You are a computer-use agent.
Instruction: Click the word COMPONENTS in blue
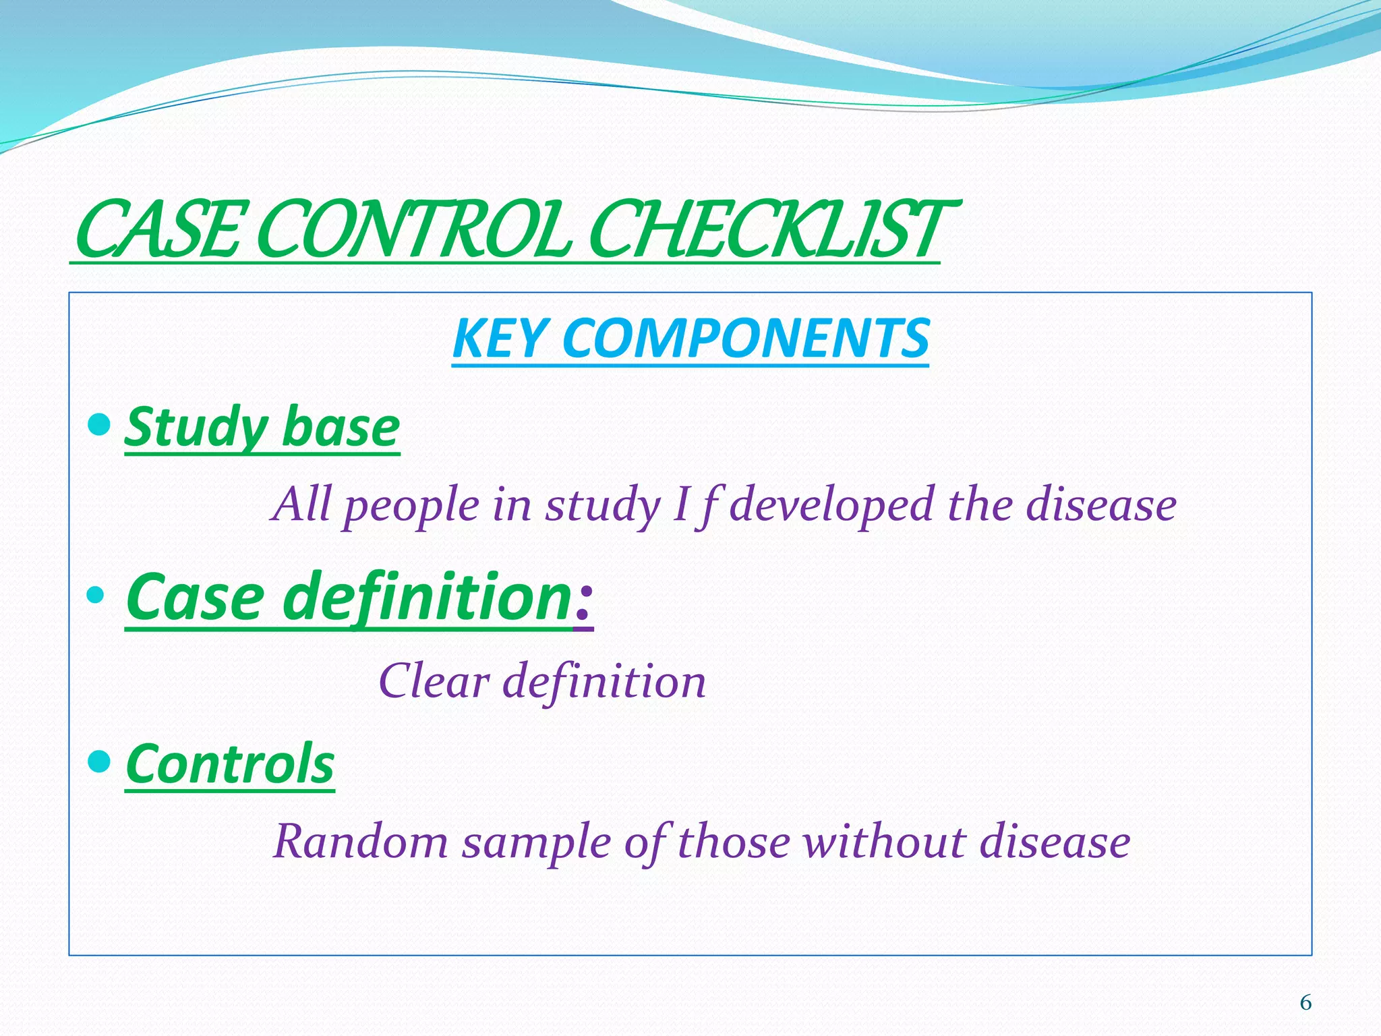(745, 339)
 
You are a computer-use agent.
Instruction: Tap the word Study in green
(196, 429)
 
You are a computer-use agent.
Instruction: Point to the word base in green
(341, 429)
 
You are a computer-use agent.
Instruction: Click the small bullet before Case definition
(95, 595)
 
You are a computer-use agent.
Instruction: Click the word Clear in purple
(434, 681)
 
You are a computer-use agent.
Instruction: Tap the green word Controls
(230, 765)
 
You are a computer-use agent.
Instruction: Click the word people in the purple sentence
(411, 506)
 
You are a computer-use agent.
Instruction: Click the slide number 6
(1305, 1003)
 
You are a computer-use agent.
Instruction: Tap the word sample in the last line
(536, 843)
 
